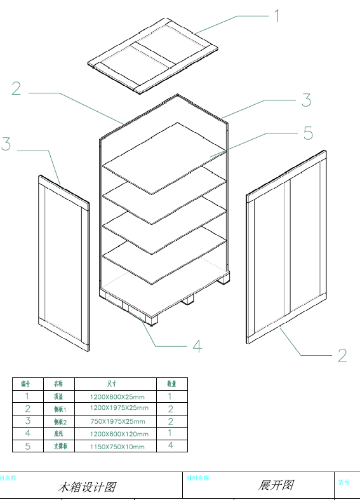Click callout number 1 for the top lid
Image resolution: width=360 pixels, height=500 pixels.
click(x=277, y=15)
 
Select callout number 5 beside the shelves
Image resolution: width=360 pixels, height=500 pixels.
click(x=308, y=133)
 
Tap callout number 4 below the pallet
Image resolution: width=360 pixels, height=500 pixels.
click(x=197, y=346)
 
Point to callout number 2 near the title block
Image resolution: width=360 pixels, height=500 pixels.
click(x=342, y=355)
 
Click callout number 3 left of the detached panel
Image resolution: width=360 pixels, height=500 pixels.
click(x=6, y=144)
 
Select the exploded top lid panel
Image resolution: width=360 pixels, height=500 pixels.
click(x=152, y=55)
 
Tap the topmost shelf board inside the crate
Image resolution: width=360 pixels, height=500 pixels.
click(x=164, y=158)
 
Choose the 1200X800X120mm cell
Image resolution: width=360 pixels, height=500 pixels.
click(x=117, y=433)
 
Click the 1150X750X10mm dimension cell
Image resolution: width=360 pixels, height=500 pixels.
click(x=116, y=446)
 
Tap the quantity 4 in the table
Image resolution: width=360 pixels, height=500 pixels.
click(x=171, y=445)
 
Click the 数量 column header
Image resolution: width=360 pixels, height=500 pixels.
click(x=171, y=384)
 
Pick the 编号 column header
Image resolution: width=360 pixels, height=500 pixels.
click(x=26, y=384)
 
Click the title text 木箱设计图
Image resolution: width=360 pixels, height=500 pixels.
click(x=87, y=487)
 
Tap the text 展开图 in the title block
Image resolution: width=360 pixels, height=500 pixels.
click(x=276, y=485)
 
